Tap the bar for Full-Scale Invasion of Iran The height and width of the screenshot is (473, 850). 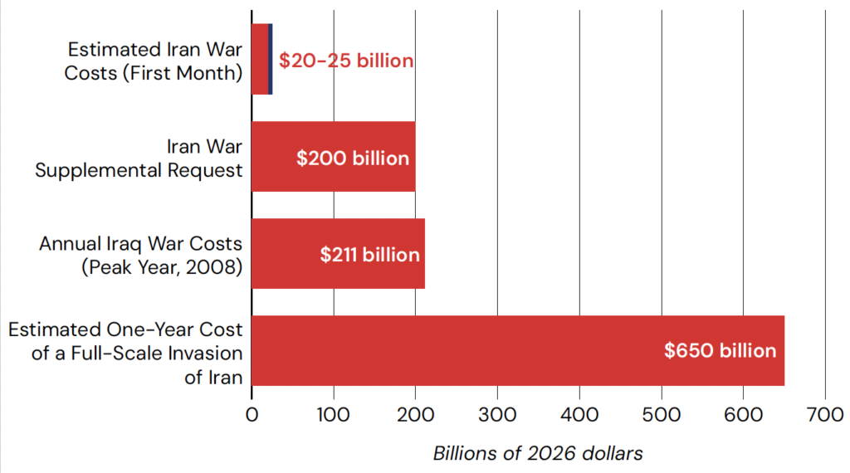pos(457,350)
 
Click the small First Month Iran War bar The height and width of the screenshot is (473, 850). pos(260,60)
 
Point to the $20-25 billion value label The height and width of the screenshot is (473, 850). pos(345,61)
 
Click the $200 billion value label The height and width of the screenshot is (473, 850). pos(353,158)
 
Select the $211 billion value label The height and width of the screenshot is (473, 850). pos(370,255)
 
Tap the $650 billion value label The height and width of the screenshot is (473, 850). pos(720,350)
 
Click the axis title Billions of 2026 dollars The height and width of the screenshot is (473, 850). pos(538,453)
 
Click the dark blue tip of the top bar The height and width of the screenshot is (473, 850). pos(271,60)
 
